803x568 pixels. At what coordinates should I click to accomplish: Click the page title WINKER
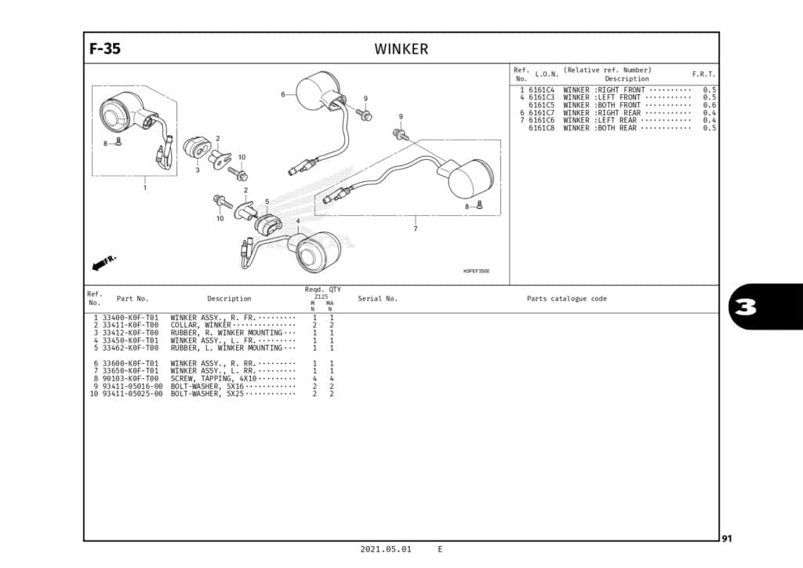pyautogui.click(x=401, y=49)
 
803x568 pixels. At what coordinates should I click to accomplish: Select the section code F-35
pyautogui.click(x=105, y=49)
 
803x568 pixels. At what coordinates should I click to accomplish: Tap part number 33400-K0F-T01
pyautogui.click(x=131, y=318)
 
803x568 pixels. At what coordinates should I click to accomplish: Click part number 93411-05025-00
pyautogui.click(x=133, y=394)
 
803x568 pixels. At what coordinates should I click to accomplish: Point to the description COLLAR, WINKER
pyautogui.click(x=200, y=326)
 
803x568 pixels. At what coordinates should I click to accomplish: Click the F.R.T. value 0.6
pyautogui.click(x=709, y=105)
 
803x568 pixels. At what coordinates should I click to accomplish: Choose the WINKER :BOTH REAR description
pyautogui.click(x=600, y=128)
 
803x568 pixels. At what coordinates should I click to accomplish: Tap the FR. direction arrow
pyautogui.click(x=104, y=263)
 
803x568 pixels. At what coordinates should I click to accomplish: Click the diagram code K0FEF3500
pyautogui.click(x=476, y=271)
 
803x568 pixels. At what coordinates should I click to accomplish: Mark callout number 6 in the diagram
pyautogui.click(x=282, y=95)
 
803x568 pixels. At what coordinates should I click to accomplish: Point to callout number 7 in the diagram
pyautogui.click(x=415, y=229)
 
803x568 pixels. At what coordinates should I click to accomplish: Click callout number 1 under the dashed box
pyautogui.click(x=144, y=188)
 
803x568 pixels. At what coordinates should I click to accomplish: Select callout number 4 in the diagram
pyautogui.click(x=298, y=221)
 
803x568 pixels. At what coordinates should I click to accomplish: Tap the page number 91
pyautogui.click(x=728, y=538)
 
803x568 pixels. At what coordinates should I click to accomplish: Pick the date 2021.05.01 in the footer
pyautogui.click(x=385, y=549)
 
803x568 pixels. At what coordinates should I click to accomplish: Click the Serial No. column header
pyautogui.click(x=377, y=299)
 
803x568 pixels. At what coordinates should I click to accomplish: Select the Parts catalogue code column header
pyautogui.click(x=566, y=299)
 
